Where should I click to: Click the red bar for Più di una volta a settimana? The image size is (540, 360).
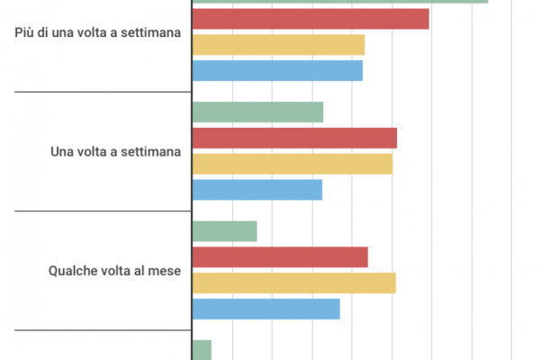(x=310, y=18)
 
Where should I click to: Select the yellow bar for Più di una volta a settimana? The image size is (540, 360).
(x=278, y=44)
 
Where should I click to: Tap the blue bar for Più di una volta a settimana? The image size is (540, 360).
(x=277, y=70)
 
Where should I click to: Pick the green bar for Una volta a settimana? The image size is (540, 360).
(x=257, y=112)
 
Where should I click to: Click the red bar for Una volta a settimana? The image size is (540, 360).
(x=294, y=139)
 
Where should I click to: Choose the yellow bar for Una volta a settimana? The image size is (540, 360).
(x=292, y=164)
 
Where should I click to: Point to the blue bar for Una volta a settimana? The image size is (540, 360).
(x=256, y=190)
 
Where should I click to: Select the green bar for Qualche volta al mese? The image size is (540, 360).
(x=225, y=231)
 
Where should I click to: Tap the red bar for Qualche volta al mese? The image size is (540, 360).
(x=280, y=257)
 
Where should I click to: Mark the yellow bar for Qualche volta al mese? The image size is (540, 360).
(x=294, y=283)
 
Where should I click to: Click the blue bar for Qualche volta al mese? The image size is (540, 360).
(x=265, y=309)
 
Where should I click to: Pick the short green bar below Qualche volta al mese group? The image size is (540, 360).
(x=202, y=350)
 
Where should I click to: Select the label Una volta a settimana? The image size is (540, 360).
(x=115, y=151)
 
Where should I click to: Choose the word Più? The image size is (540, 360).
(x=27, y=32)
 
